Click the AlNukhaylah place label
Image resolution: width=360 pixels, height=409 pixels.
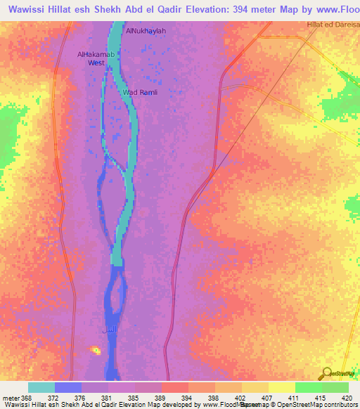pyautogui.click(x=146, y=31)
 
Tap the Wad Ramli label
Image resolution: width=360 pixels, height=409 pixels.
pyautogui.click(x=140, y=93)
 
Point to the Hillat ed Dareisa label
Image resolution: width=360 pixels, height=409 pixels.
pyautogui.click(x=332, y=25)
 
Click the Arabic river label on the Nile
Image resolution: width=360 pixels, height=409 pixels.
pyautogui.click(x=109, y=330)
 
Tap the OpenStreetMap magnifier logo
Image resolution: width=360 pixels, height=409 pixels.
pyautogui.click(x=326, y=375)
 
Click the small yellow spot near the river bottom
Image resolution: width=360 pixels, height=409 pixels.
pyautogui.click(x=95, y=349)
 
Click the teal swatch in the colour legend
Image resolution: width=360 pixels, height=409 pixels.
pyautogui.click(x=41, y=387)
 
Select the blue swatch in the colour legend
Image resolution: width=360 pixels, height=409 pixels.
pyautogui.click(x=68, y=387)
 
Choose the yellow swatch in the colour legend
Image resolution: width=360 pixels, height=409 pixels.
pyautogui.click(x=281, y=387)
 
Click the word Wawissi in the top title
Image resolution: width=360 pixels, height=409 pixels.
pyautogui.click(x=26, y=11)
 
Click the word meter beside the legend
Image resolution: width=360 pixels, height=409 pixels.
pyautogui.click(x=11, y=398)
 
